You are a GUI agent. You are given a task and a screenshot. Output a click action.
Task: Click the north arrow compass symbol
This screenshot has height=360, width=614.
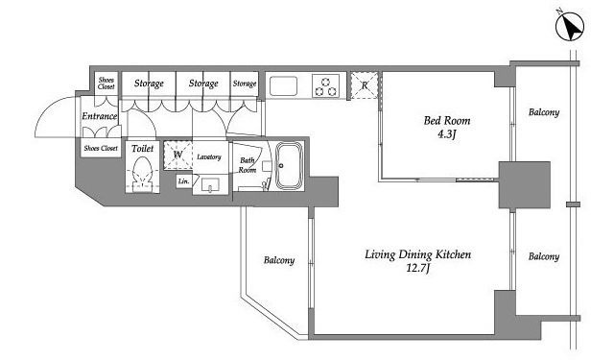[x=570, y=27]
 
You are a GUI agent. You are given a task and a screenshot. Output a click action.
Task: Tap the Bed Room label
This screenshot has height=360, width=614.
[x=447, y=121]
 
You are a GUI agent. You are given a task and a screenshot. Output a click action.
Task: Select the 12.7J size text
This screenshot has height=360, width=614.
[x=418, y=269]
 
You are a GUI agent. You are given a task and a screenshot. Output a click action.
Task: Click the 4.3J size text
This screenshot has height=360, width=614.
[x=447, y=134]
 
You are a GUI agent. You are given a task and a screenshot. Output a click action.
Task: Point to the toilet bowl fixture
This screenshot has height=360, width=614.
[x=142, y=175]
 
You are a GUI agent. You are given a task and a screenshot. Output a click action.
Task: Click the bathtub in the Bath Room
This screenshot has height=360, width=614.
[x=290, y=166]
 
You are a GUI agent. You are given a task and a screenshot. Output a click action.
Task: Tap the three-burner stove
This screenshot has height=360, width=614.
[x=325, y=86]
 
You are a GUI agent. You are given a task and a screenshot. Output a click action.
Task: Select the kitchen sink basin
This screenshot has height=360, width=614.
[x=283, y=85]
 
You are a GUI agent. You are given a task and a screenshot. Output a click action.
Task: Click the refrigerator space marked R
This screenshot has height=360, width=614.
[x=365, y=85]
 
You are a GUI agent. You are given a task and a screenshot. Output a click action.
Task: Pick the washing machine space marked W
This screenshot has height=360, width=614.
[x=177, y=155]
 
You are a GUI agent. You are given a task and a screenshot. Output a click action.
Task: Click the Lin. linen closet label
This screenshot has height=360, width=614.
[x=183, y=181]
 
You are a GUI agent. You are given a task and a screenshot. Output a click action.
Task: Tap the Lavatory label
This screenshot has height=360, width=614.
[x=209, y=156]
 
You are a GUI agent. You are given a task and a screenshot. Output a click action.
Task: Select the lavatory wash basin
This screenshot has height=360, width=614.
[x=210, y=184]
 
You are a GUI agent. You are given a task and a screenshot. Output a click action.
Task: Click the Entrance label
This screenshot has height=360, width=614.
[x=100, y=116]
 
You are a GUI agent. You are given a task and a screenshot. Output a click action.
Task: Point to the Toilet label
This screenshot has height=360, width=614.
[x=143, y=149]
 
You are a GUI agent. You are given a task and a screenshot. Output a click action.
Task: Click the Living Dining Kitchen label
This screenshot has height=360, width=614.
[x=418, y=254]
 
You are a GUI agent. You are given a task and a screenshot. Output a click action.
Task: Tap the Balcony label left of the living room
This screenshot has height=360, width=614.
[x=279, y=260]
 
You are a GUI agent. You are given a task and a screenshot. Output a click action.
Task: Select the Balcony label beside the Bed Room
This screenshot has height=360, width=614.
[x=544, y=112]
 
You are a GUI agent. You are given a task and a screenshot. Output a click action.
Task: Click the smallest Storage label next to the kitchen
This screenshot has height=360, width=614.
[x=245, y=84]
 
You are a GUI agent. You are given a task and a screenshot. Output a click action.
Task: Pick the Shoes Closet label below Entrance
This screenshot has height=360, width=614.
[x=101, y=149]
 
